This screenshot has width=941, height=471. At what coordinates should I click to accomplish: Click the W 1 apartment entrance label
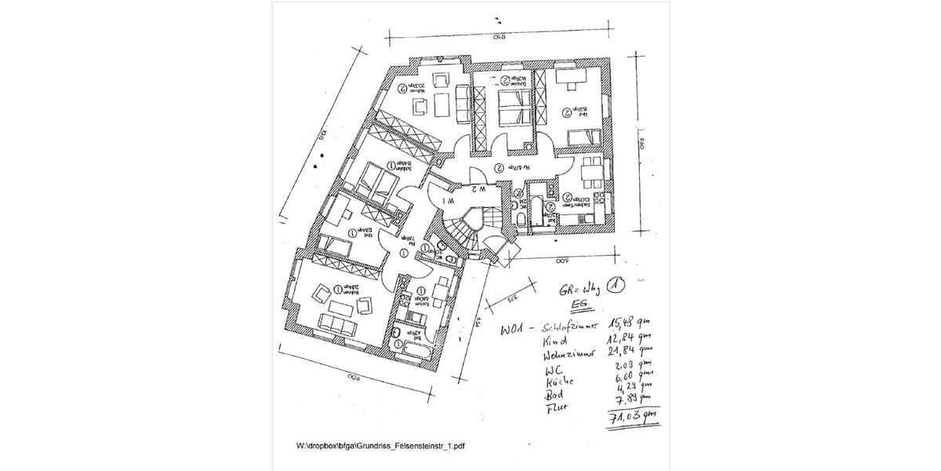[446, 201]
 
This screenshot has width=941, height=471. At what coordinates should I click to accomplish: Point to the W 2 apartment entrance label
[479, 189]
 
